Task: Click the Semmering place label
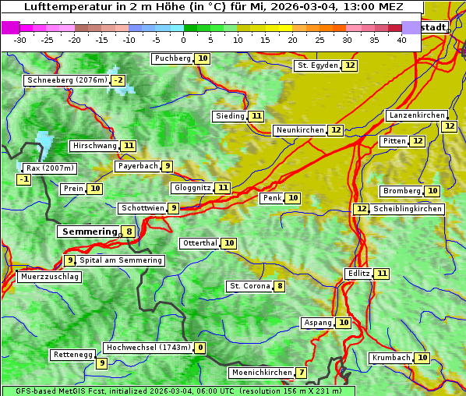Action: coord(88,232)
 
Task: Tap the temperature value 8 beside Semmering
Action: coord(129,232)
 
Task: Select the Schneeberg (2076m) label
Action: coord(66,80)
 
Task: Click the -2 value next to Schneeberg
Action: coord(118,80)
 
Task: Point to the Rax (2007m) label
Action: coord(49,168)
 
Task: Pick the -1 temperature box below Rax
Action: coord(24,180)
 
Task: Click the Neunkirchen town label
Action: coord(299,130)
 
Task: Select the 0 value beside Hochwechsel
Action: coord(200,348)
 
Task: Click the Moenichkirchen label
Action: coord(262,373)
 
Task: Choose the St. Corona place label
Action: coord(249,286)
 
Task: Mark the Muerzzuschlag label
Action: coord(49,277)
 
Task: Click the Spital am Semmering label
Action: coord(121,260)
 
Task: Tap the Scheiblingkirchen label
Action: coord(406,209)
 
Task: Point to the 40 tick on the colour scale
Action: coord(401,40)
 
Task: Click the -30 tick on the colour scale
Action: coord(20,40)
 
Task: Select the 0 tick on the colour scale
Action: coord(184,40)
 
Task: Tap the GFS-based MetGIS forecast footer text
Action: coord(178,391)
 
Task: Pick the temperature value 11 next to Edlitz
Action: coord(381,274)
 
